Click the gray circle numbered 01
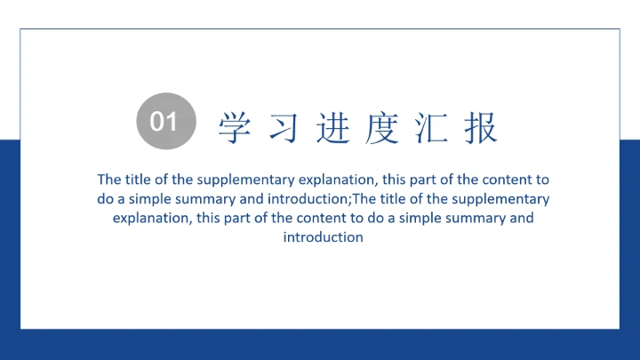coord(164,121)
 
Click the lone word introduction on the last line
coord(324,237)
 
